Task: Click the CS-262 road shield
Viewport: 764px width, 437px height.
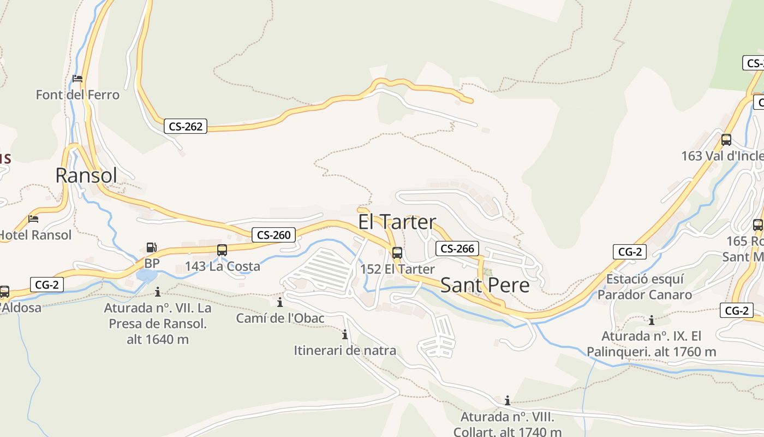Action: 186,127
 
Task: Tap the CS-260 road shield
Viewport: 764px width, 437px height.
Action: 273,235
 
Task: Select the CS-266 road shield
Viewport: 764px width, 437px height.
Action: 457,249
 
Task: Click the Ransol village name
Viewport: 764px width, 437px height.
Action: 86,175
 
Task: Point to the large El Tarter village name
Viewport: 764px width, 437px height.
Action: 397,222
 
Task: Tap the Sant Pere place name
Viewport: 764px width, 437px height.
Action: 485,285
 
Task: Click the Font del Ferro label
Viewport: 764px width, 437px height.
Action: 77,95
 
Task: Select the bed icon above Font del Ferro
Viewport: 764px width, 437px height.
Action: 77,79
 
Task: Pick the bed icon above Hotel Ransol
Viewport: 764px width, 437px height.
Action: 33,219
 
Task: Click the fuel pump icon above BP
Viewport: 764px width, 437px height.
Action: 151,247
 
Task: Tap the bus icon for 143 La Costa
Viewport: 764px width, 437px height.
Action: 222,250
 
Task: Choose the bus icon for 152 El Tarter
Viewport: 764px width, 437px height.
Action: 397,253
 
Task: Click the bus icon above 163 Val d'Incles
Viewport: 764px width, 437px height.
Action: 726,139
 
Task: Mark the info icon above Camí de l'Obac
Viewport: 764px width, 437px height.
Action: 280,302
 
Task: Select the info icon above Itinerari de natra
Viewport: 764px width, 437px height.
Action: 345,334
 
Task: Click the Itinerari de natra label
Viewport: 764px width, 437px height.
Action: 345,351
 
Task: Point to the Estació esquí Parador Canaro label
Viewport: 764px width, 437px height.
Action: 644,287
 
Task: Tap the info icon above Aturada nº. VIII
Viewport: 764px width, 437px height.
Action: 507,400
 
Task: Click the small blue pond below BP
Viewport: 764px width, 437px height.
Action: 146,275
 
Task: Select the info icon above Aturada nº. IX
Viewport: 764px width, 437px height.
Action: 651,320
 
